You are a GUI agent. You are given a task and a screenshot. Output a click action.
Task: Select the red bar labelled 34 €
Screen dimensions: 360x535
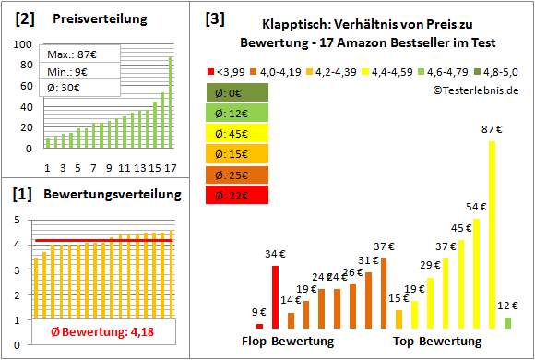click(x=275, y=296)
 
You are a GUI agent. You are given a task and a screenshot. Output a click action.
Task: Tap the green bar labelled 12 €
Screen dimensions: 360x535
click(x=507, y=323)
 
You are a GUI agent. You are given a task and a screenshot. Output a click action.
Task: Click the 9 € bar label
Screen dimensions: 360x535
click(x=259, y=312)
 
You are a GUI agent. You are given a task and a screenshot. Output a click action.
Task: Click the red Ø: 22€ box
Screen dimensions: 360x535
click(x=235, y=195)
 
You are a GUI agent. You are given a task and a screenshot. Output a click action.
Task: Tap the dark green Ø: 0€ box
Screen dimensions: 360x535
click(x=235, y=91)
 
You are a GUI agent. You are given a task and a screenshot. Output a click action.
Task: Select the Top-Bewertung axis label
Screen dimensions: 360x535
click(x=437, y=342)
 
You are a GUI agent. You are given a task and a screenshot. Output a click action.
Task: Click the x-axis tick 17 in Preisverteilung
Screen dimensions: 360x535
click(x=169, y=167)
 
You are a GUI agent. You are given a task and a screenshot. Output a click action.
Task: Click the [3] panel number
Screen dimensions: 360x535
click(x=214, y=18)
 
